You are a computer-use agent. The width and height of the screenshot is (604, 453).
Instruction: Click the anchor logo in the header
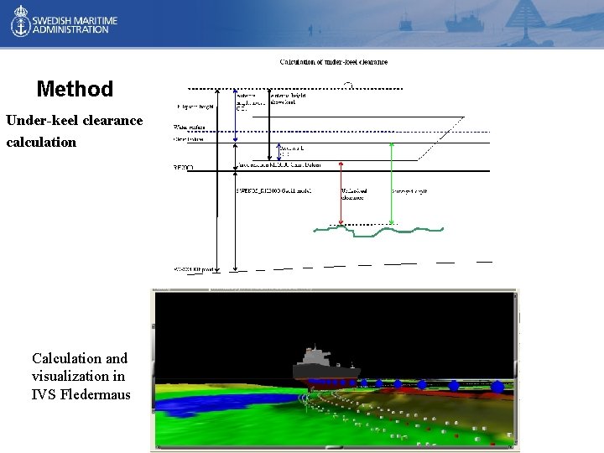(18, 23)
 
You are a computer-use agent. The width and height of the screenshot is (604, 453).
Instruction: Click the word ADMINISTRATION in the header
(71, 29)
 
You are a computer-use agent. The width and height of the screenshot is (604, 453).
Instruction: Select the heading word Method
(75, 89)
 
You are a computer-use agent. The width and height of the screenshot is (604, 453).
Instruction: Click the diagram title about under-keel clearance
(333, 61)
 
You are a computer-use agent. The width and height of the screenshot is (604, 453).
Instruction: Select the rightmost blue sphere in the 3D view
(498, 387)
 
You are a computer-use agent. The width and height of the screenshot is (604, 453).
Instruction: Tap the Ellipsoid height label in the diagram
(195, 107)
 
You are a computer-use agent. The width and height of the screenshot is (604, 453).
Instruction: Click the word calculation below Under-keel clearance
(41, 142)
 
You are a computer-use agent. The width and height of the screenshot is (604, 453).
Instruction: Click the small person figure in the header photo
(310, 30)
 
